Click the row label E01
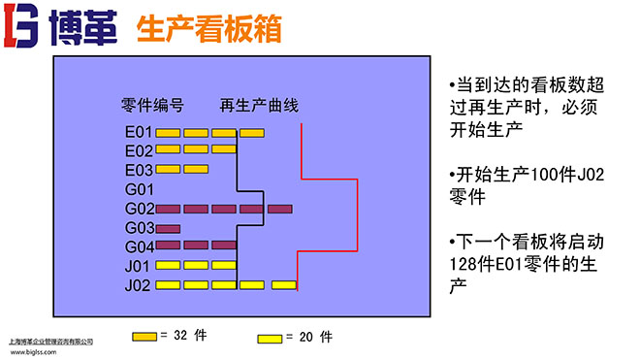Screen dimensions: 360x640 click(x=139, y=132)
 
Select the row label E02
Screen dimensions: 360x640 click(x=139, y=150)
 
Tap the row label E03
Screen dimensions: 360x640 click(x=139, y=170)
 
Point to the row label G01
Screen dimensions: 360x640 click(x=139, y=189)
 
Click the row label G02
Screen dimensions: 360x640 click(x=139, y=209)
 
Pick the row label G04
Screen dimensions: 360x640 click(x=139, y=246)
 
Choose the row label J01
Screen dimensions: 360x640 click(x=139, y=265)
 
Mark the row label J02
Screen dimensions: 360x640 click(x=139, y=285)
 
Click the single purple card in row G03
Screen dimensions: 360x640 click(x=169, y=228)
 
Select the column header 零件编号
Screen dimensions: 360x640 click(x=152, y=105)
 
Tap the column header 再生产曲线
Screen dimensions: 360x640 click(x=259, y=105)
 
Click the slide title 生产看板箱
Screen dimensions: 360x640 click(x=210, y=30)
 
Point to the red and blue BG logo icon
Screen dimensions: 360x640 click(x=19, y=29)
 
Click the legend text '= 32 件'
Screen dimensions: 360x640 click(x=185, y=336)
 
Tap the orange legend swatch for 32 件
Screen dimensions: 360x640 click(x=144, y=336)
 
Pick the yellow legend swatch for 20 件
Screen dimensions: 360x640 click(x=270, y=338)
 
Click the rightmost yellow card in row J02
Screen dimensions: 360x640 click(x=284, y=285)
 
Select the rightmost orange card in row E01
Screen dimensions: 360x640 click(x=252, y=132)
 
